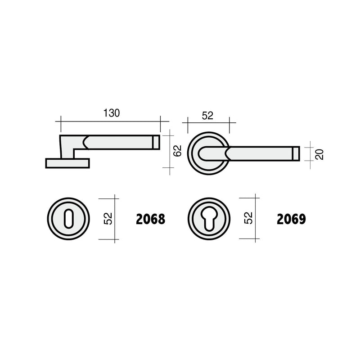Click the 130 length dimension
(112, 113)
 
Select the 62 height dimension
(177, 151)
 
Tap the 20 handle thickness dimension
(319, 154)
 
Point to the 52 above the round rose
(207, 116)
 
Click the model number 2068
(151, 219)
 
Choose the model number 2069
(291, 219)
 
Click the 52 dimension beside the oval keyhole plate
(108, 219)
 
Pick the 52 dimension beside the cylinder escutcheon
(248, 218)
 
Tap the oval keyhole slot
(68, 219)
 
